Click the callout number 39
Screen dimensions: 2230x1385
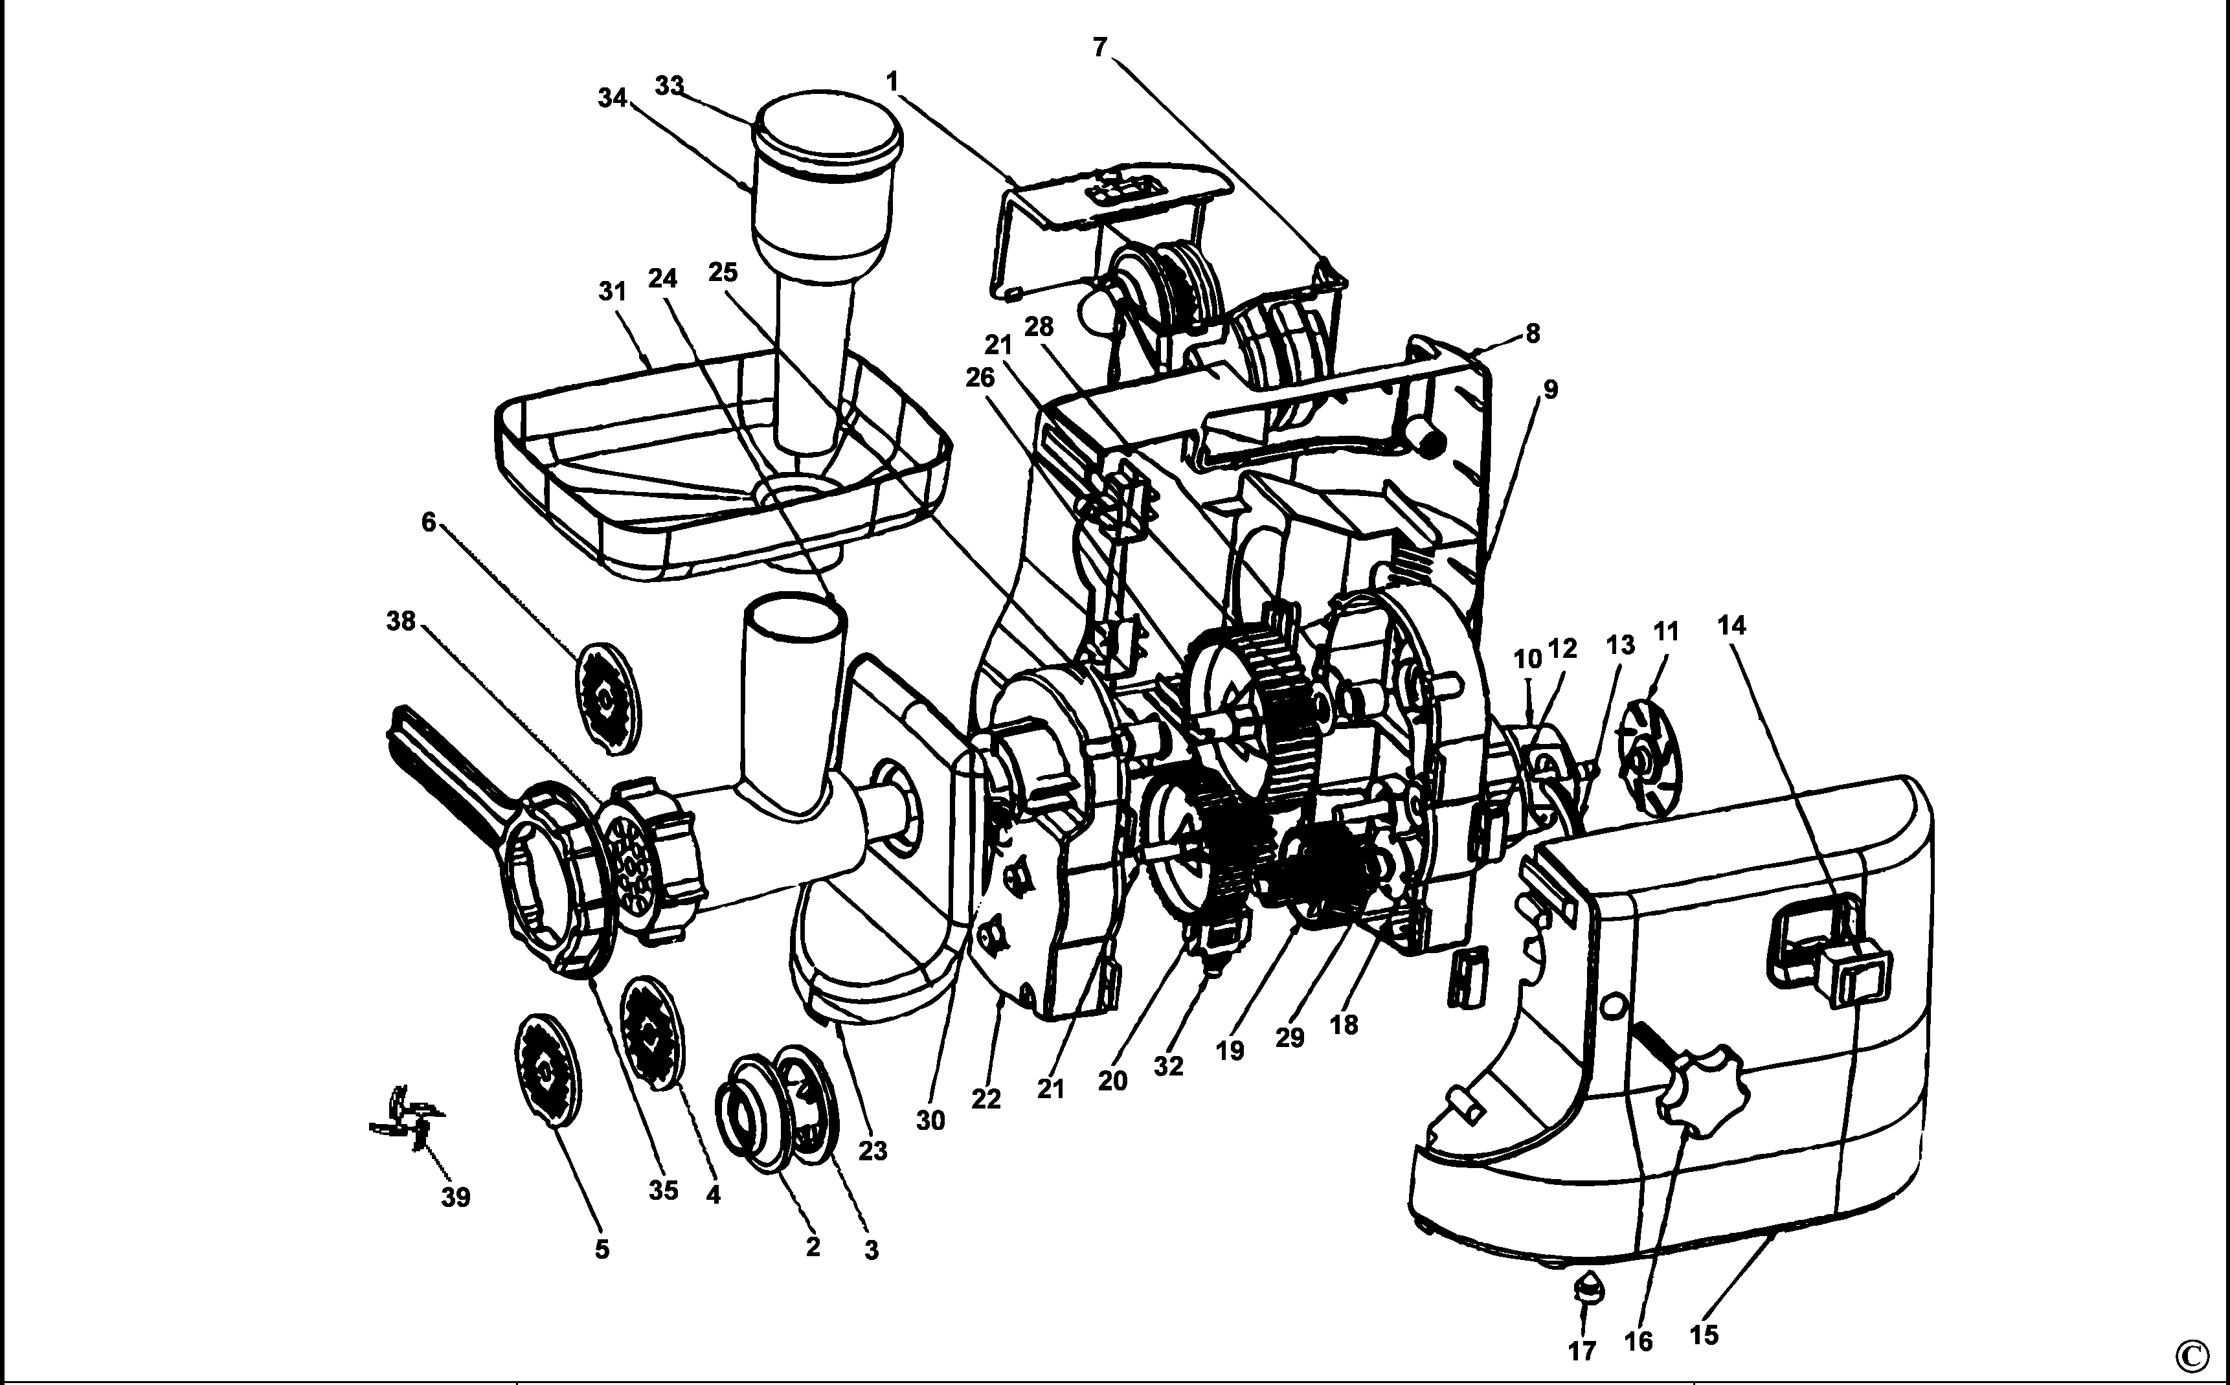456,1197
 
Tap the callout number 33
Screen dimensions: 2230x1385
670,85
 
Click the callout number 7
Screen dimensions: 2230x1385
1100,47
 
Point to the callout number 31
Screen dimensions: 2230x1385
613,291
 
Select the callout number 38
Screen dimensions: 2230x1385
401,621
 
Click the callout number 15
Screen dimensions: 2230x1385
1704,1334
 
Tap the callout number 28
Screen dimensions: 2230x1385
1039,326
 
